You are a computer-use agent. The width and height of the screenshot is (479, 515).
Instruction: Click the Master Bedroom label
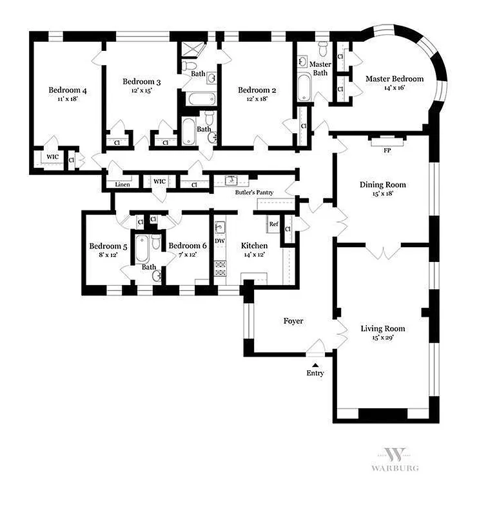click(395, 79)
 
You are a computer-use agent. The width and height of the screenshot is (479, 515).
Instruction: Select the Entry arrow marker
click(315, 364)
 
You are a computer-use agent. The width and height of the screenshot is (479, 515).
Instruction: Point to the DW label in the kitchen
click(219, 241)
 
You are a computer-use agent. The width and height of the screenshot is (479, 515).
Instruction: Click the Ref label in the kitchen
click(274, 225)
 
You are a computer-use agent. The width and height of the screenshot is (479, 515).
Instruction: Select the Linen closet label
click(122, 185)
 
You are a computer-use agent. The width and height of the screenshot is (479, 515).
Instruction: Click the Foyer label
click(293, 321)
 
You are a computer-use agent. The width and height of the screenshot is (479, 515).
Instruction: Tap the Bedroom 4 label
click(68, 90)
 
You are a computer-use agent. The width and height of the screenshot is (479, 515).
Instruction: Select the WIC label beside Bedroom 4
click(51, 156)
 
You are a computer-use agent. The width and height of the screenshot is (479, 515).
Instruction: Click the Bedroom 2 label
click(257, 90)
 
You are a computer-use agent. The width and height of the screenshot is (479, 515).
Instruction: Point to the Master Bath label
click(320, 69)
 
